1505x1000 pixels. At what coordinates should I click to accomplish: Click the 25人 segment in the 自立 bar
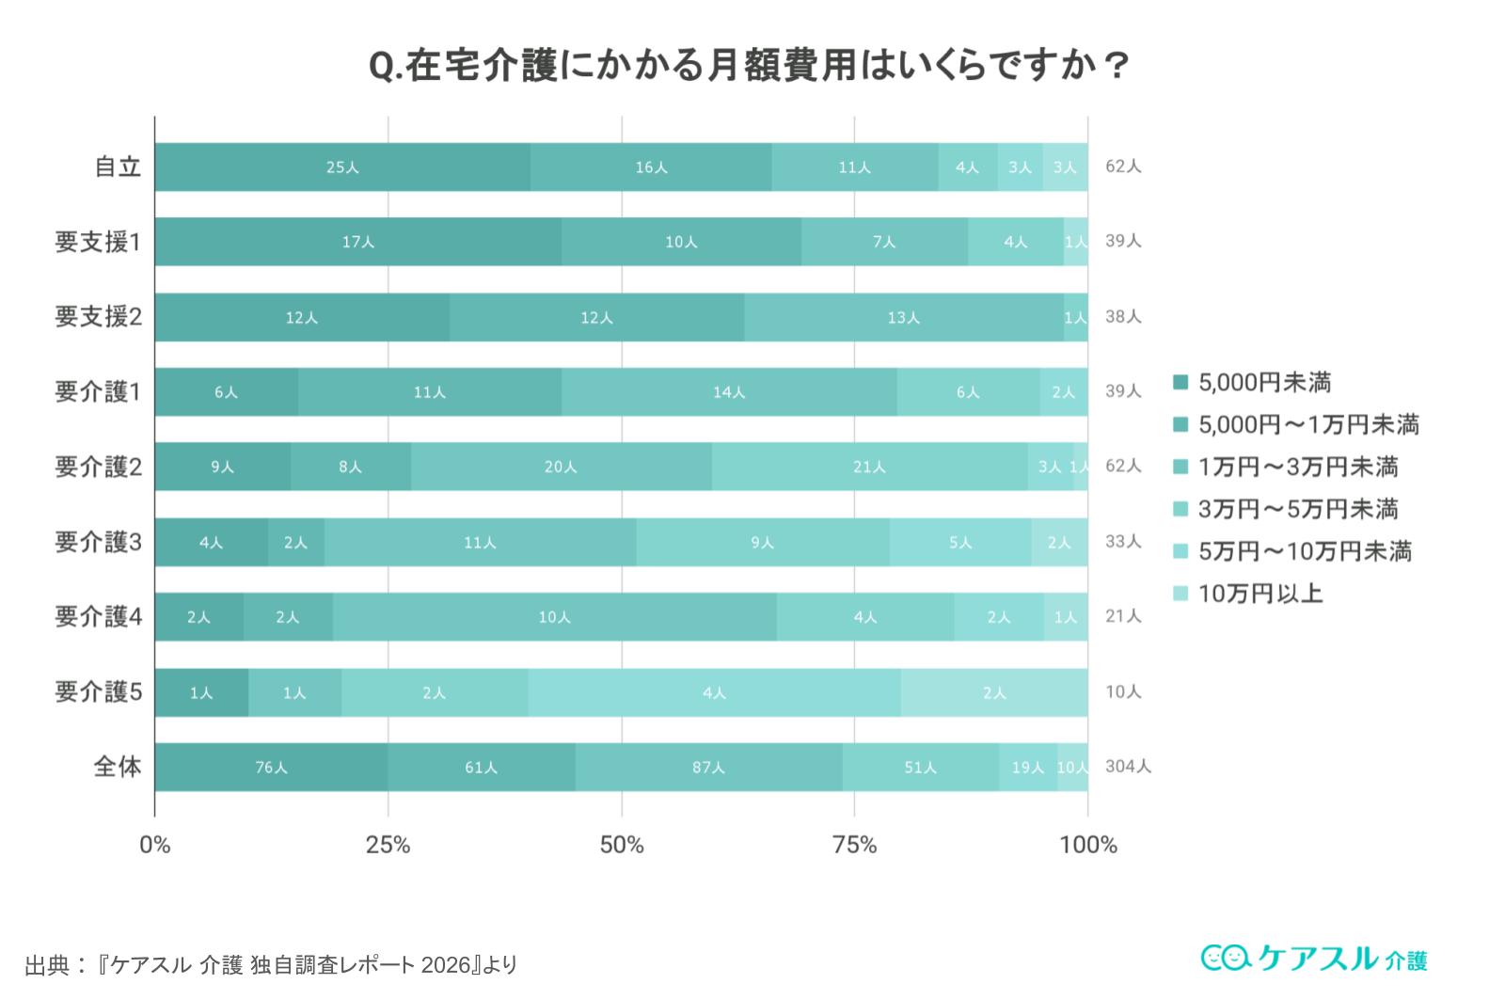pyautogui.click(x=342, y=167)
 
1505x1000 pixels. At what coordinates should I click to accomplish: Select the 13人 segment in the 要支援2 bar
pyautogui.click(x=903, y=317)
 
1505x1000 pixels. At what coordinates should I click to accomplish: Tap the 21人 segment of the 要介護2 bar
pyautogui.click(x=869, y=467)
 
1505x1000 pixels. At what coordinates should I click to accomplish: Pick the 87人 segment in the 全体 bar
pyautogui.click(x=708, y=768)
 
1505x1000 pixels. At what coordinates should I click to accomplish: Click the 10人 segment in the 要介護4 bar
pyautogui.click(x=554, y=617)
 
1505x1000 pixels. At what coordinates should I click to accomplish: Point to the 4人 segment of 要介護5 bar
pyautogui.click(x=714, y=692)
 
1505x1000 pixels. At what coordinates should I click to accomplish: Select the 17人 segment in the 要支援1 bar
pyautogui.click(x=357, y=242)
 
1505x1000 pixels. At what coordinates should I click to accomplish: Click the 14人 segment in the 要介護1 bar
pyautogui.click(x=728, y=392)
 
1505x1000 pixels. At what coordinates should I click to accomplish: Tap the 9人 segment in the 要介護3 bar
pyautogui.click(x=762, y=542)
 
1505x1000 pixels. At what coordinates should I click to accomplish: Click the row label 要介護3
pyautogui.click(x=98, y=542)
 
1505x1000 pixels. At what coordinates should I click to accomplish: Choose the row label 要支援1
pyautogui.click(x=98, y=242)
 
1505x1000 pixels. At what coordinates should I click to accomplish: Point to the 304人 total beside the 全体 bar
pyautogui.click(x=1127, y=767)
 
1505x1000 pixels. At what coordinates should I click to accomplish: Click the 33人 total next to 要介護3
pyautogui.click(x=1122, y=542)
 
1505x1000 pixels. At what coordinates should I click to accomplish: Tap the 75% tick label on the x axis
pyautogui.click(x=854, y=845)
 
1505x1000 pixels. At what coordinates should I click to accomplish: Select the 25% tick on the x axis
pyautogui.click(x=388, y=845)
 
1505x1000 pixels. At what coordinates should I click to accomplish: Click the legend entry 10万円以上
pyautogui.click(x=1259, y=594)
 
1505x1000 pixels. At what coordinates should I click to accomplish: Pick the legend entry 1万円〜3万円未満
pyautogui.click(x=1297, y=467)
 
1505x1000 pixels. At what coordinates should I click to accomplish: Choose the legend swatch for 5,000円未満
pyautogui.click(x=1180, y=382)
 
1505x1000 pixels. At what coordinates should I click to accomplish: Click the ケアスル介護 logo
pyautogui.click(x=1313, y=958)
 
